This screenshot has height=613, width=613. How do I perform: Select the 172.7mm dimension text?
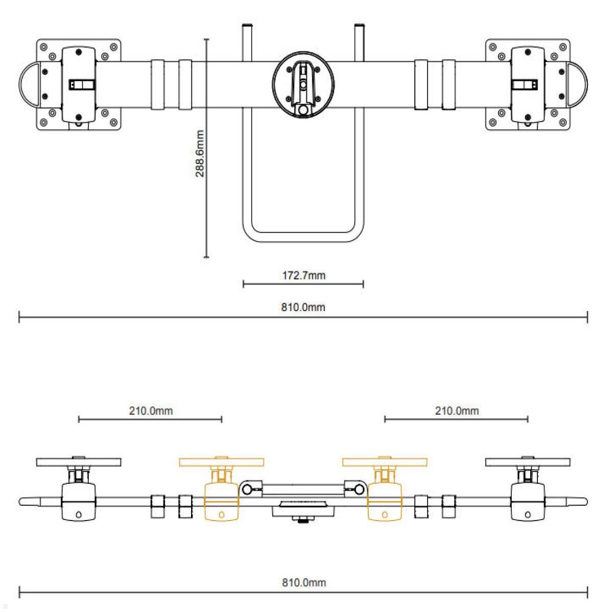[303, 276]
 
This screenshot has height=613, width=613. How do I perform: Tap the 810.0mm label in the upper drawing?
[303, 307]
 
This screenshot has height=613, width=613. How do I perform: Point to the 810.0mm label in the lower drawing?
[303, 582]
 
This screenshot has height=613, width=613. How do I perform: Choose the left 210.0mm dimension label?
[150, 411]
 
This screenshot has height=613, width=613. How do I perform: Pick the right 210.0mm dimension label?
[457, 411]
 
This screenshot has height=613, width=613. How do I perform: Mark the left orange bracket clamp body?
[221, 503]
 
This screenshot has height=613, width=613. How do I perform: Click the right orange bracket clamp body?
[385, 503]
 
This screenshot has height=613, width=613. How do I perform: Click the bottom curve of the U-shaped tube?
[303, 241]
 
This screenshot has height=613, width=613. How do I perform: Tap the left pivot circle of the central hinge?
[247, 489]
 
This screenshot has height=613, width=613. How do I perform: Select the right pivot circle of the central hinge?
[359, 489]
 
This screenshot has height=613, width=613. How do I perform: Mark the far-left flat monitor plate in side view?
[78, 462]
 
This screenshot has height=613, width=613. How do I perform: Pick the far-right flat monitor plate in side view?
[528, 462]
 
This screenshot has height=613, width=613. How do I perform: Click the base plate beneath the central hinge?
[303, 509]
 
